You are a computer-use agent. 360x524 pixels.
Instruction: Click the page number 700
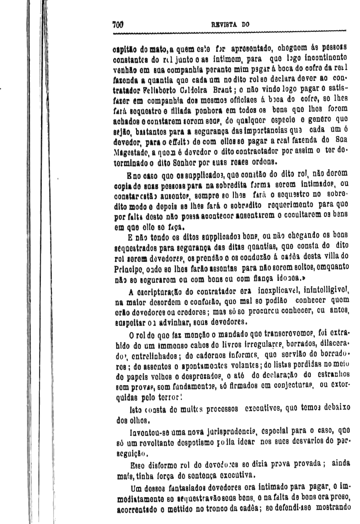coord(117,24)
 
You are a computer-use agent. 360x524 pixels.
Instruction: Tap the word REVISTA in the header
coord(226,24)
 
